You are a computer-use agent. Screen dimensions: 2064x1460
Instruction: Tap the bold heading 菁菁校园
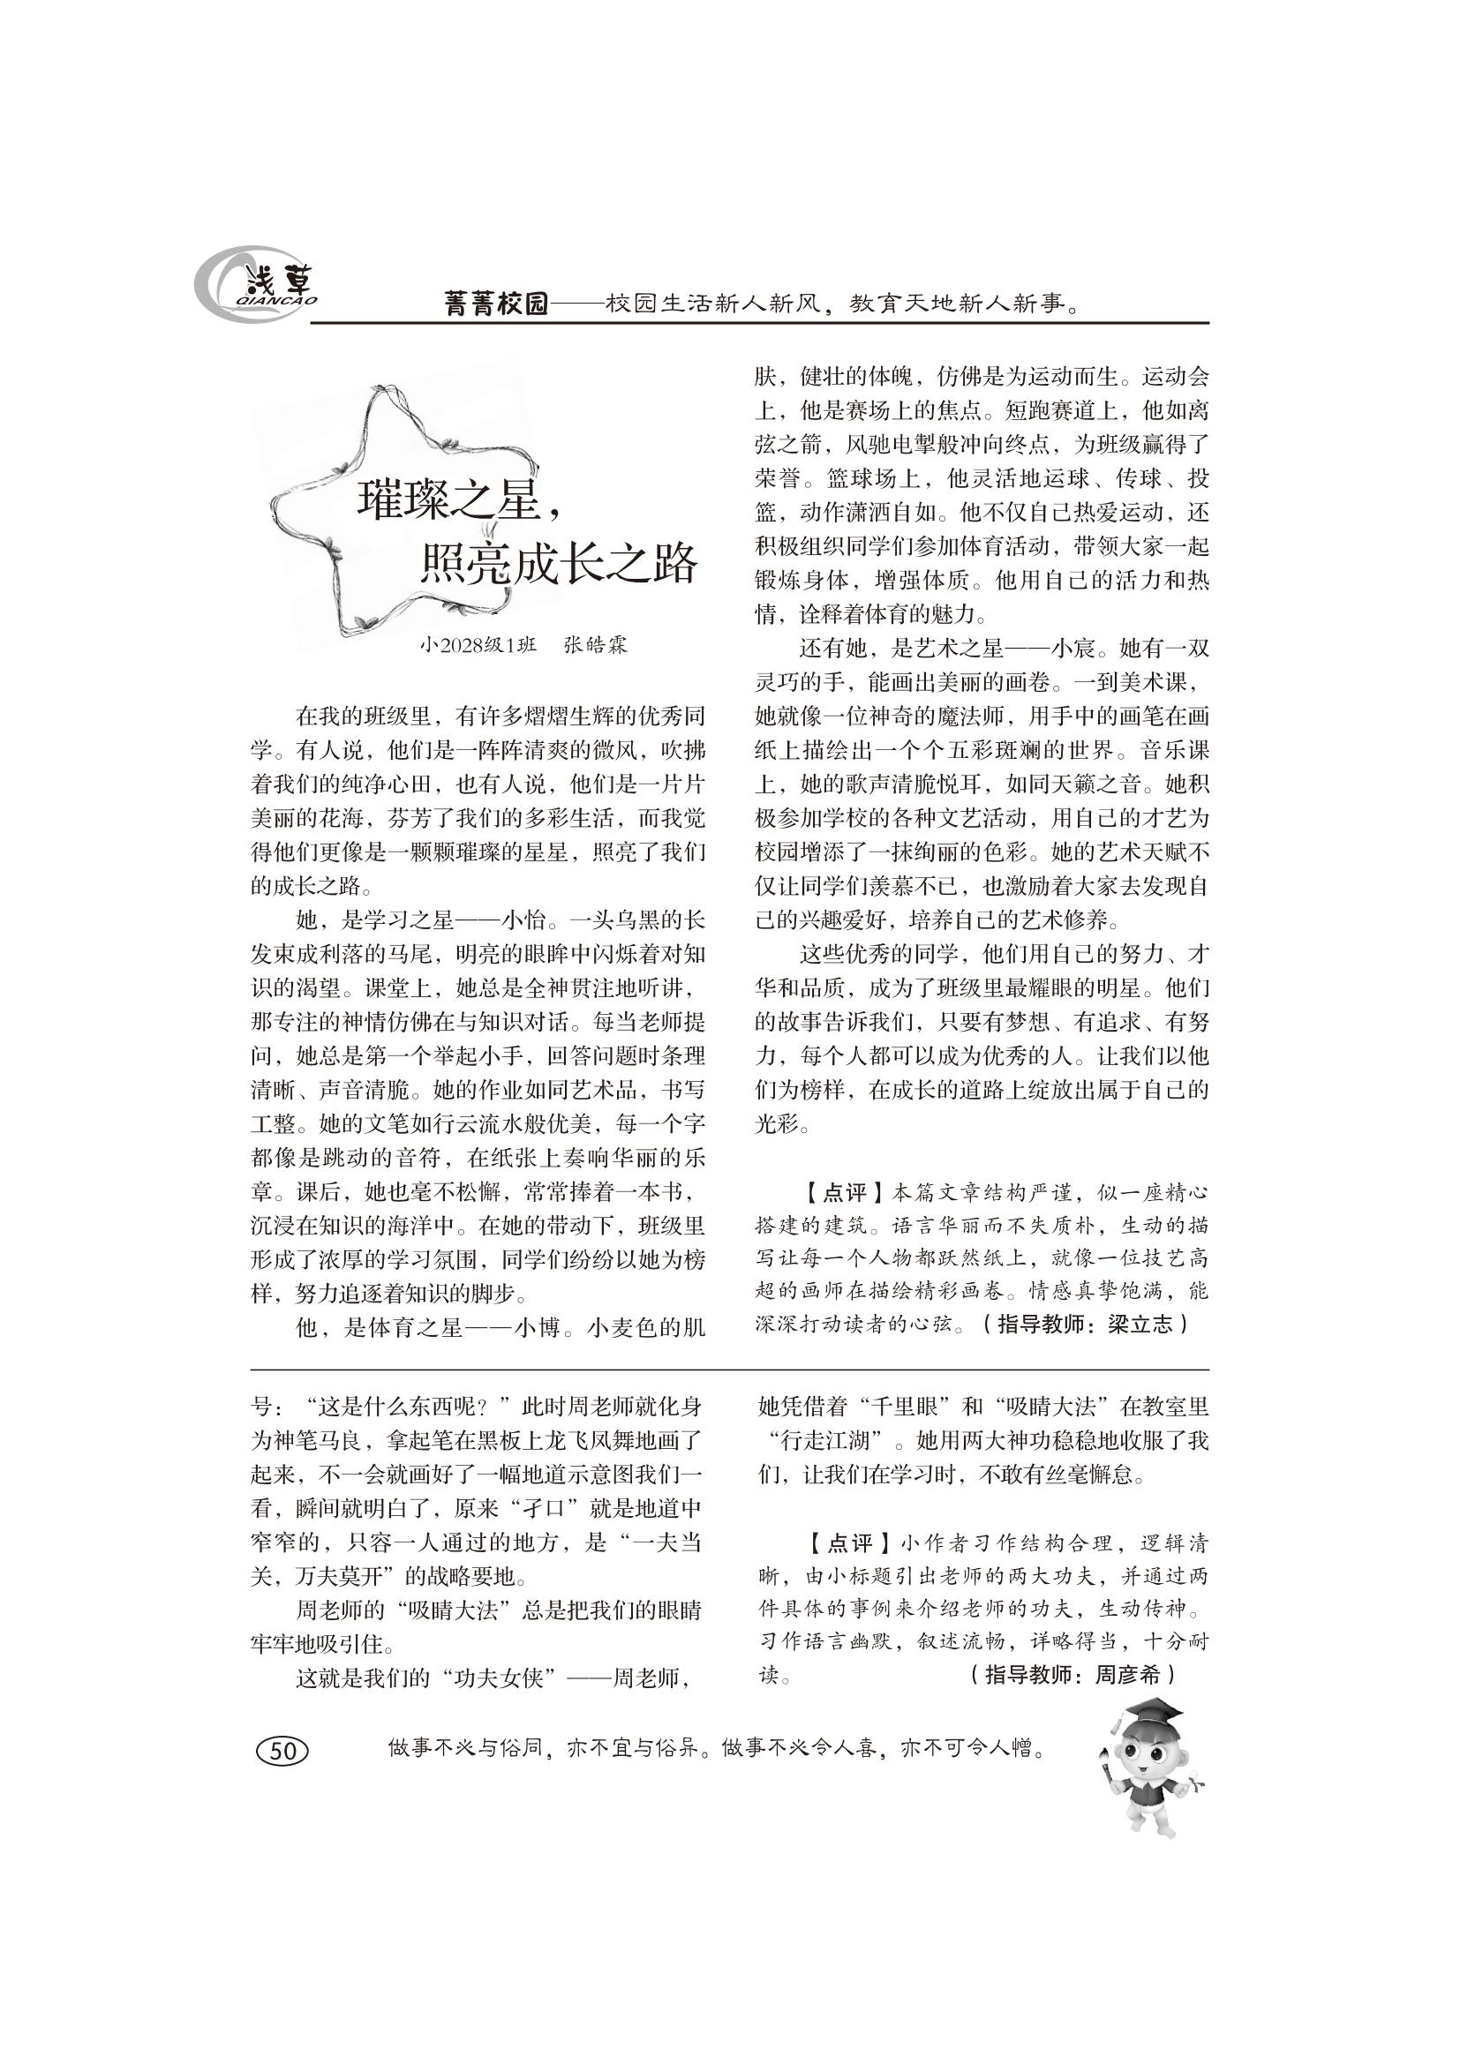[496, 304]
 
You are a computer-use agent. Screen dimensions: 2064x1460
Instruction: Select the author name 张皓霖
[595, 645]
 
